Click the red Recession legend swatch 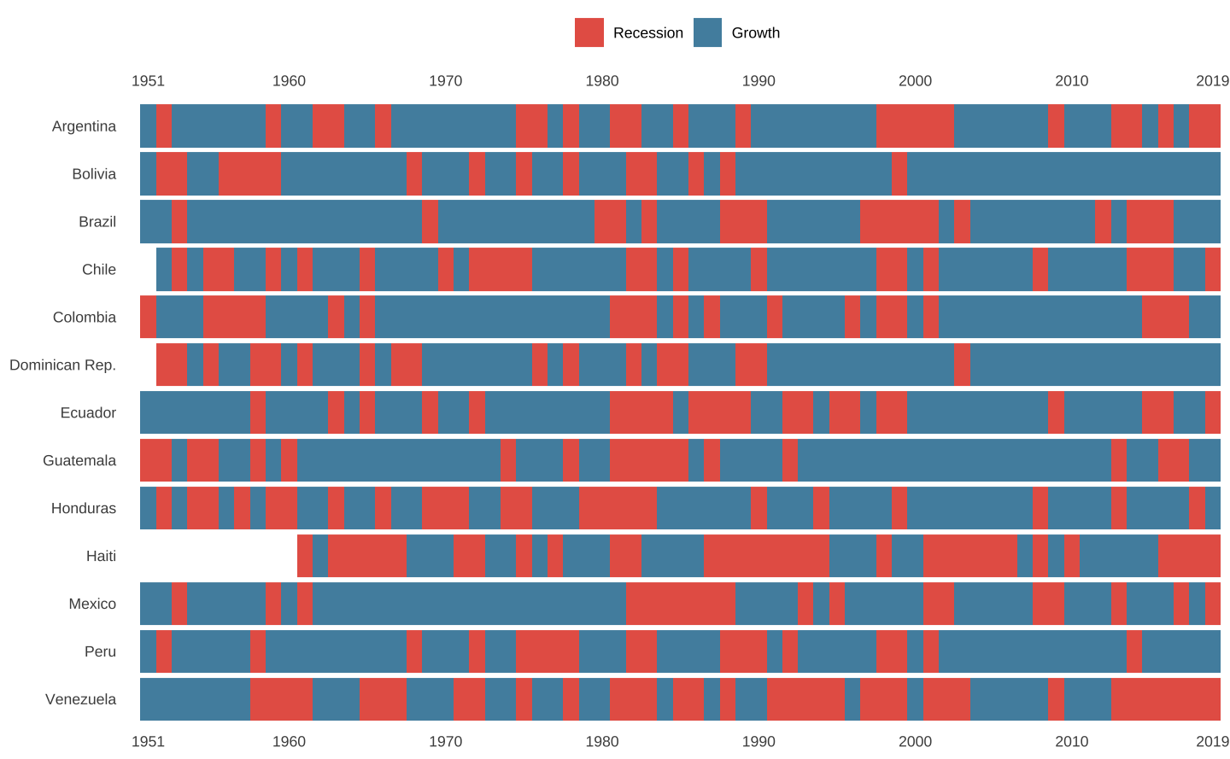tap(589, 32)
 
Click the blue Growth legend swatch tap(708, 32)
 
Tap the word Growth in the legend tap(755, 33)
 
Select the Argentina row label tap(84, 126)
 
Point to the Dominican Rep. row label tap(62, 365)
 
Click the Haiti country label tap(101, 557)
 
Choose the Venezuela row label tap(80, 700)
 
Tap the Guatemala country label tap(79, 461)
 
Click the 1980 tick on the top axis tap(602, 81)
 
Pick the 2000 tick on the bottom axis tap(915, 741)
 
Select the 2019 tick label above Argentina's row tap(1212, 81)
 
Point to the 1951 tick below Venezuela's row tap(148, 741)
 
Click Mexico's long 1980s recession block tap(681, 604)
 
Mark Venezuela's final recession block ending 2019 tap(1166, 699)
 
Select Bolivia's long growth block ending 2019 tap(1063, 173)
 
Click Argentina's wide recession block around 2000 tap(915, 126)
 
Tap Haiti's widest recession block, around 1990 tap(766, 556)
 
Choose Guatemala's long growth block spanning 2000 tap(954, 460)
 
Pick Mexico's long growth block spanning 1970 tap(469, 604)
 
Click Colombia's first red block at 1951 tap(149, 317)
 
